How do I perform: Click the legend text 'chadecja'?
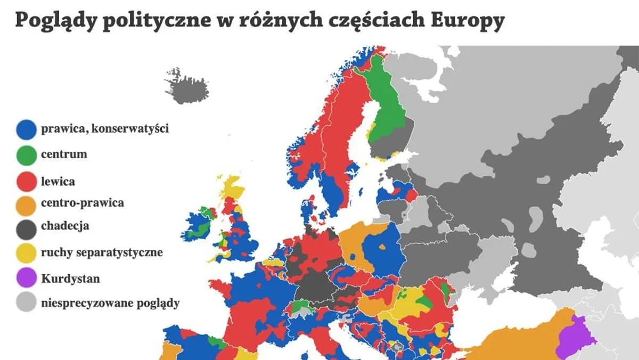tap(65, 226)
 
